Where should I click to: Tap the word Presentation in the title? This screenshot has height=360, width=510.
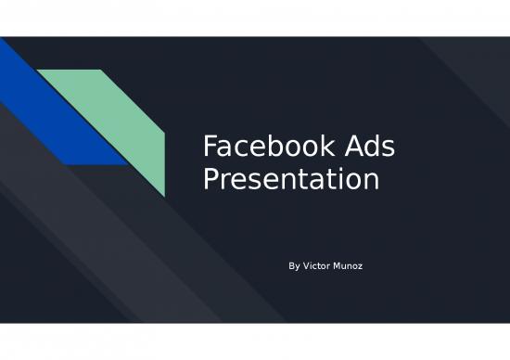(291, 178)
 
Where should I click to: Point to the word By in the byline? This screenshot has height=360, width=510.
(295, 266)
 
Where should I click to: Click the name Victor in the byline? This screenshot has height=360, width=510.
(321, 266)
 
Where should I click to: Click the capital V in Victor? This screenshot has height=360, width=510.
(308, 266)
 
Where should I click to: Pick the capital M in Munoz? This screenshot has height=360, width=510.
(343, 266)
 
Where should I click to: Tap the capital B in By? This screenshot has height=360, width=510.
(292, 266)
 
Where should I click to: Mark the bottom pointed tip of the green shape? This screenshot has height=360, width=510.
(164, 196)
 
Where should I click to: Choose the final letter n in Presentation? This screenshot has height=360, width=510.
(372, 180)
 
